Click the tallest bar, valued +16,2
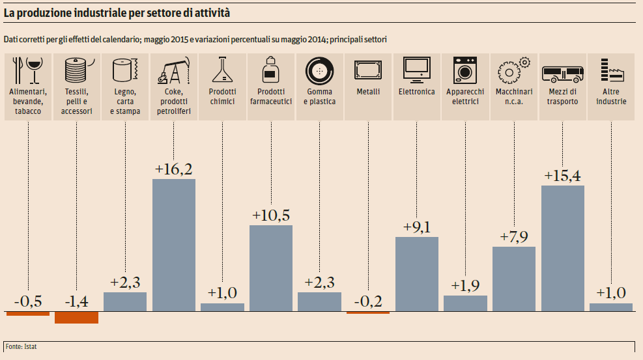[x=174, y=245]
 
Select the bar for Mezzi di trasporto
[x=563, y=248]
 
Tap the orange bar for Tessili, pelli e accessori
[x=76, y=317]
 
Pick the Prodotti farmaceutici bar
[x=271, y=268]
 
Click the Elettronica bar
[x=417, y=273]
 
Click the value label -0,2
[x=368, y=302]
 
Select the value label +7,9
[x=514, y=237]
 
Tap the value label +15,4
[x=563, y=176]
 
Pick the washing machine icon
[x=466, y=68]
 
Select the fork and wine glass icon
[x=27, y=68]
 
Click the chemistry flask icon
[x=222, y=68]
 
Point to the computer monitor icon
[x=416, y=69]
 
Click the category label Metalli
[x=368, y=92]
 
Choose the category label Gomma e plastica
[x=319, y=96]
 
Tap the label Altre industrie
[x=611, y=96]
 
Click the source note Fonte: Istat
[x=21, y=346]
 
